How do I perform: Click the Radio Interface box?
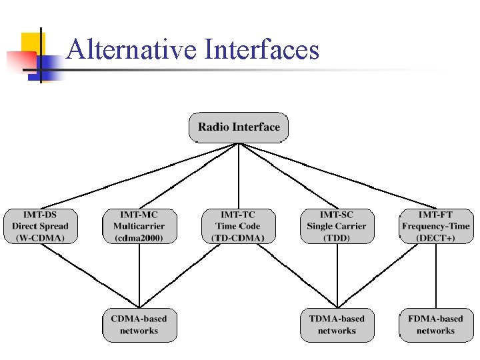tap(239, 127)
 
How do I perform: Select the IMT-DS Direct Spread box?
tap(40, 226)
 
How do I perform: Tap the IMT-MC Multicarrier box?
tap(139, 226)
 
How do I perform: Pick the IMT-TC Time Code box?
tap(238, 226)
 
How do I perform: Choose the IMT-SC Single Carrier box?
tap(337, 226)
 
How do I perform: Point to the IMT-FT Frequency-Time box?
tap(435, 226)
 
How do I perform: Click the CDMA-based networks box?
tap(139, 325)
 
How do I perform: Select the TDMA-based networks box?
tap(337, 325)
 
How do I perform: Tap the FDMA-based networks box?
tap(435, 325)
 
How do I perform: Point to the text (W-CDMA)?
tap(40, 238)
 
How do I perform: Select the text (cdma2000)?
tap(139, 238)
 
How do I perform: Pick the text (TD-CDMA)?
tap(238, 238)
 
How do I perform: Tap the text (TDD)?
tap(337, 238)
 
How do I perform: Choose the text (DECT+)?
tap(435, 238)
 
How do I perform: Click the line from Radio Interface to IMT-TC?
tap(239, 176)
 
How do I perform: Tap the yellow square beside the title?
tap(29, 43)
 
